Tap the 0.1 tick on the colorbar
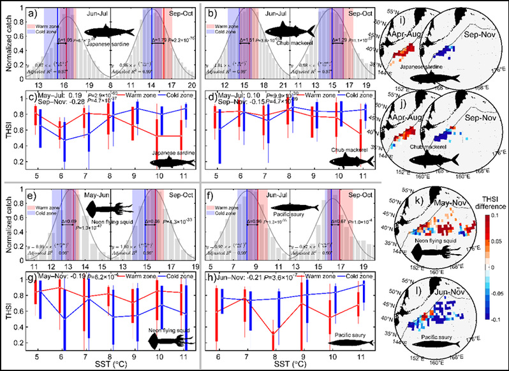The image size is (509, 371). [494, 217]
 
